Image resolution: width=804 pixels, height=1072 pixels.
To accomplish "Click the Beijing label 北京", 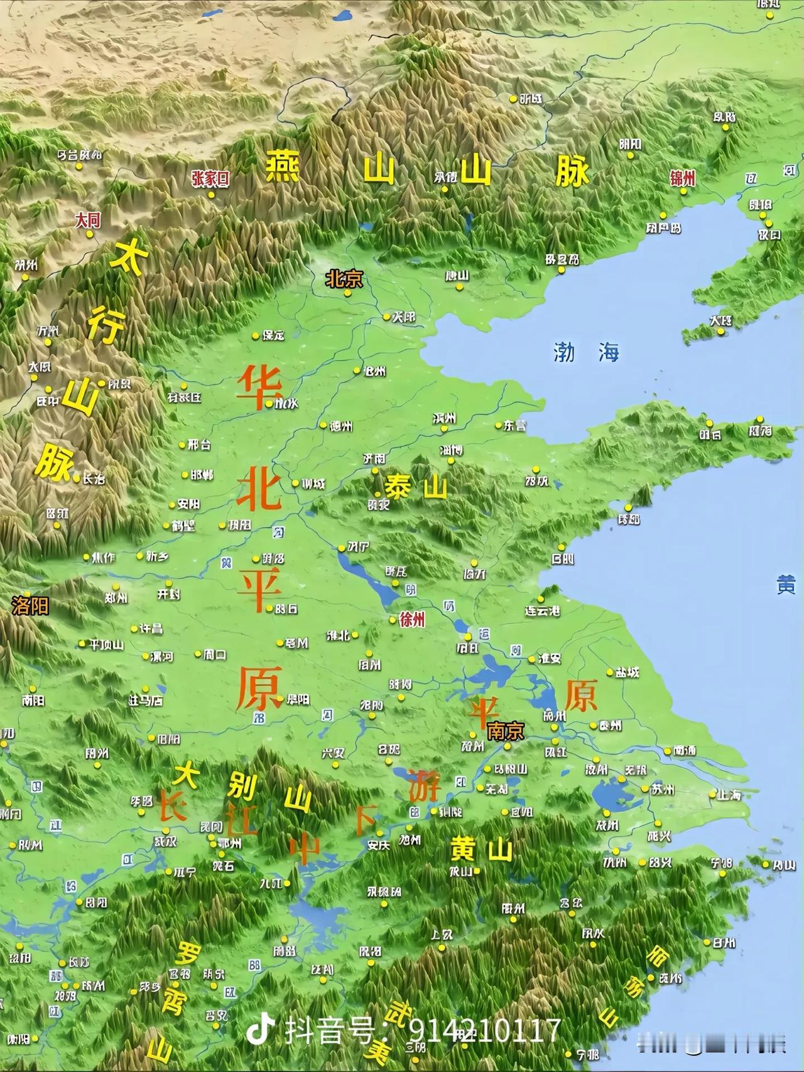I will click(344, 279).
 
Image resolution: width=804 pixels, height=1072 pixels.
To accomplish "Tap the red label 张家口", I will click(210, 179).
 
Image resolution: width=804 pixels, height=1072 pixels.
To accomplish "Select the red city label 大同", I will click(87, 220).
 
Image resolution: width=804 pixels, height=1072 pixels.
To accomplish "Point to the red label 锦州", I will click(683, 178).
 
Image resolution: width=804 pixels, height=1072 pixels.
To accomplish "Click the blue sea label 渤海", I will click(586, 352).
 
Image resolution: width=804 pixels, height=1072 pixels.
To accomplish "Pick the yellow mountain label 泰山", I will click(416, 487).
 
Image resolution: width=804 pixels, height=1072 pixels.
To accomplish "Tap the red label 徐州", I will click(412, 620).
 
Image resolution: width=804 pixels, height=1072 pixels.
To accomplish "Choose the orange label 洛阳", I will click(30, 605).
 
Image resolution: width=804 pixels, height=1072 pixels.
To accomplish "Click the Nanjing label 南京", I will click(505, 731).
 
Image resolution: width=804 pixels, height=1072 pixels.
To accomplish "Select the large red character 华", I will click(259, 387).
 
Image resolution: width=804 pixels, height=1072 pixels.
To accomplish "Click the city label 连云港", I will click(543, 610).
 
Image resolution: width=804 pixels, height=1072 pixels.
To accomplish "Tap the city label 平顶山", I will click(106, 644).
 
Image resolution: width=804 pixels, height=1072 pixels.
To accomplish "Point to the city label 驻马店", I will click(146, 700).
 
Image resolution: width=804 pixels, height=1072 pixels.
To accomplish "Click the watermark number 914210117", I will click(485, 1031).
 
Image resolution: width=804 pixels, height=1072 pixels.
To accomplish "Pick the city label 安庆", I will click(379, 845).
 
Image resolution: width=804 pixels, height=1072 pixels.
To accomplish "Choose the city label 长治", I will click(94, 479).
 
